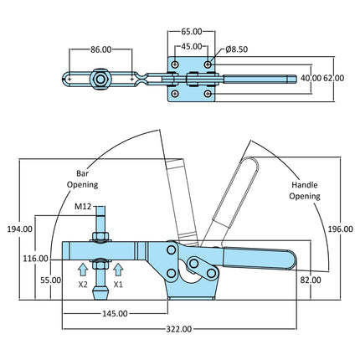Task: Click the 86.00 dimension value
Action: click(100, 49)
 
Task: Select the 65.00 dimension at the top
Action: click(192, 32)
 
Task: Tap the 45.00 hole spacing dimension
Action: click(192, 46)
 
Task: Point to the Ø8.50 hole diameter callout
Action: click(237, 49)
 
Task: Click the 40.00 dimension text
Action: click(311, 78)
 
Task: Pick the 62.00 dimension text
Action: click(334, 78)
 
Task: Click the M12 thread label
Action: click(83, 207)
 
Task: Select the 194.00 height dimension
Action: click(19, 229)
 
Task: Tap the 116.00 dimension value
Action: click(35, 259)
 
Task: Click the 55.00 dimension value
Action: click(50, 280)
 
